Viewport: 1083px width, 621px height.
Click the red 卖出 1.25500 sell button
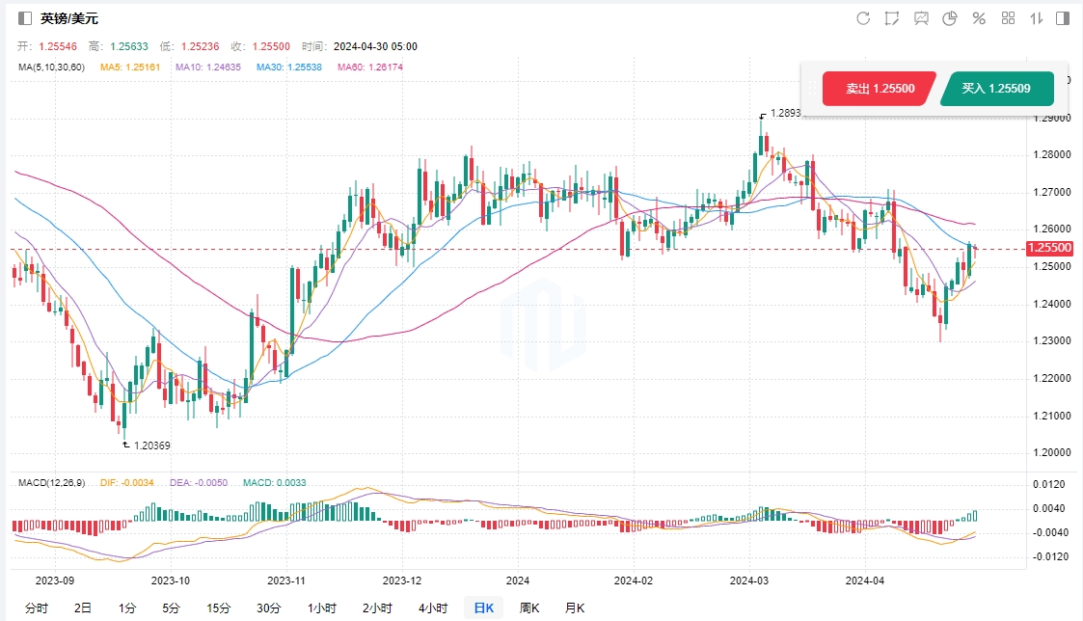[879, 89]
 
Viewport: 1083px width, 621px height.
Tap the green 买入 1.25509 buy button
[996, 89]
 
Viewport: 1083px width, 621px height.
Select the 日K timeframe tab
[483, 607]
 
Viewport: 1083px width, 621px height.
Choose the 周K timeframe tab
[528, 607]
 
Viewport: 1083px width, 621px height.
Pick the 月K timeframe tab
[574, 607]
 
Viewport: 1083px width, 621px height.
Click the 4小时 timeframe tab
[433, 607]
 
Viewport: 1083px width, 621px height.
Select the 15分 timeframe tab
[219, 607]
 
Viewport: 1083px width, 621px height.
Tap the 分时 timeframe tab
[37, 607]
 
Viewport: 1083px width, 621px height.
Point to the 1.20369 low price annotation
[151, 445]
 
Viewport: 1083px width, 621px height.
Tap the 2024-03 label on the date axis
[748, 580]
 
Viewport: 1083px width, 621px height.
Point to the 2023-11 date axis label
[285, 580]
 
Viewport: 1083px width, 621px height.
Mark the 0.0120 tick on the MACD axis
[1049, 484]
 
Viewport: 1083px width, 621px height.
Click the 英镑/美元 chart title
[69, 18]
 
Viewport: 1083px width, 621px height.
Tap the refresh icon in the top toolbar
[863, 18]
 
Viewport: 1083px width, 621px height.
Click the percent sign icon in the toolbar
[979, 18]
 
